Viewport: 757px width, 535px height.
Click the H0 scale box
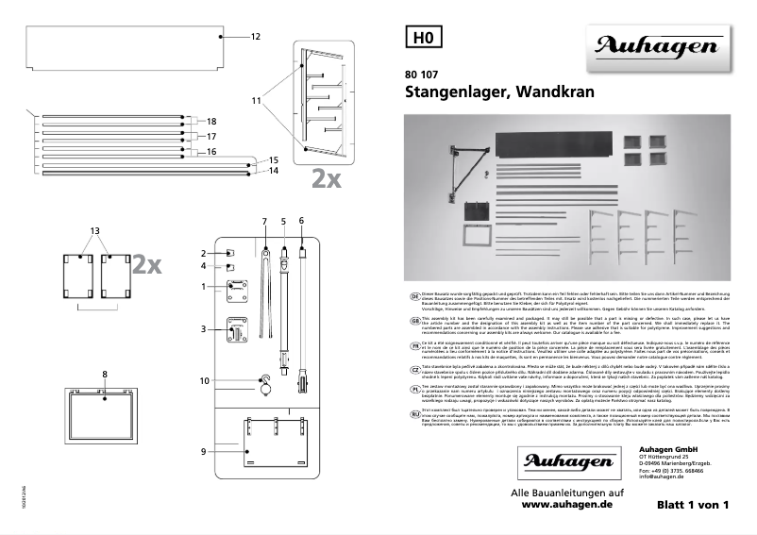coord(422,38)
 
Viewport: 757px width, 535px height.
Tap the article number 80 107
coord(423,75)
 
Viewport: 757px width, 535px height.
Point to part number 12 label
coord(255,37)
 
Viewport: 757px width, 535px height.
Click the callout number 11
coord(256,99)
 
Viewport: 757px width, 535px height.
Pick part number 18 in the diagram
coord(211,121)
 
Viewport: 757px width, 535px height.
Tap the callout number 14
coord(274,171)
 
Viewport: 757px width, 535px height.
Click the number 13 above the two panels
coord(94,230)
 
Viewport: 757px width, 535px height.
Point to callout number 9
coord(204,452)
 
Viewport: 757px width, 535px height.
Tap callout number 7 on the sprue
coord(265,220)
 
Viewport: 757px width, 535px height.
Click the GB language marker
coord(413,320)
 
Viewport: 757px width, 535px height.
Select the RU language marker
coord(413,413)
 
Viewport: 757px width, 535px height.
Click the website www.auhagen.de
coord(566,506)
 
